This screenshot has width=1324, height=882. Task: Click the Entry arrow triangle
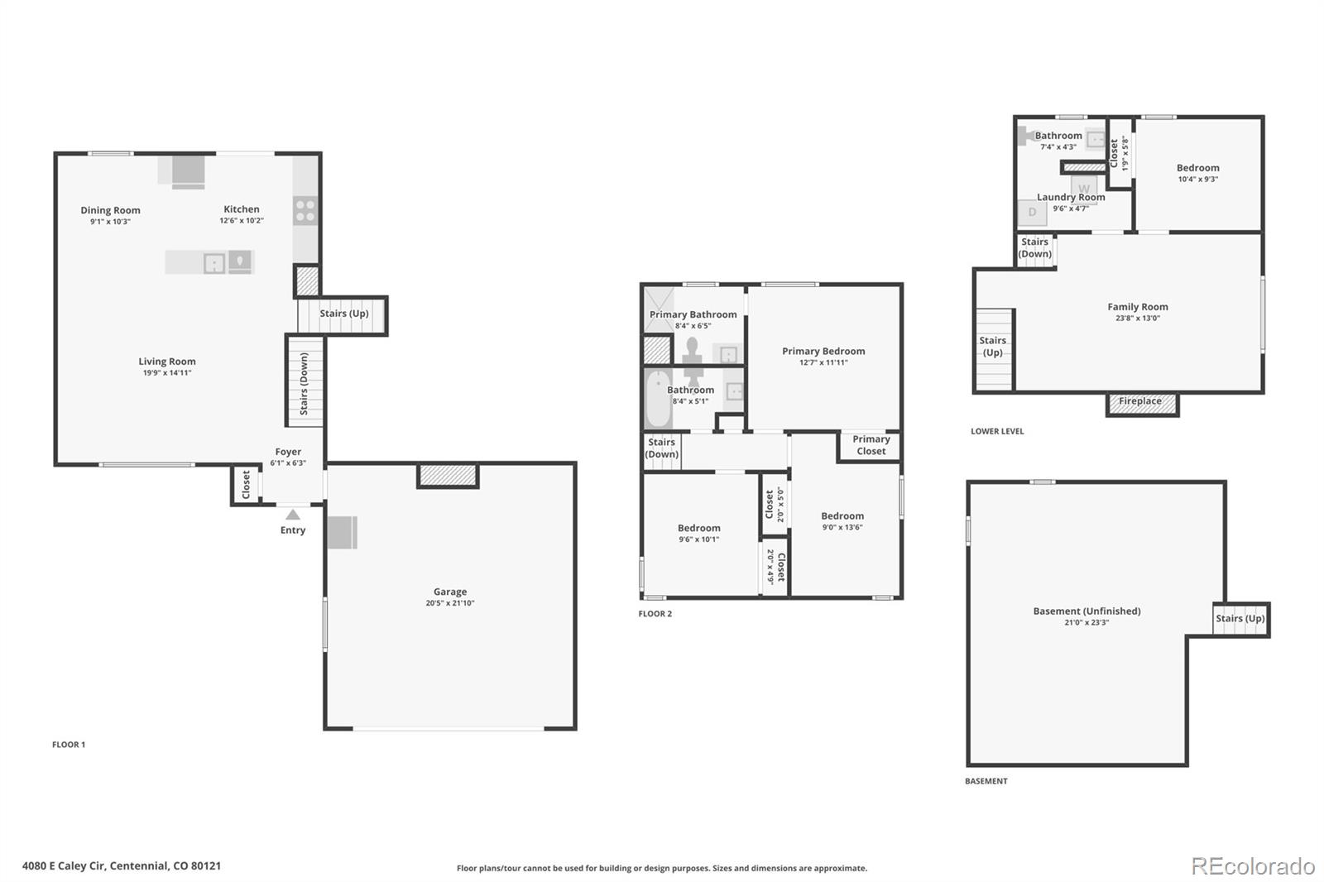[x=293, y=515]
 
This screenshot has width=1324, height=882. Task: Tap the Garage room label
[x=450, y=591]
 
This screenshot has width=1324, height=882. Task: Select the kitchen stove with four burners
[x=305, y=211]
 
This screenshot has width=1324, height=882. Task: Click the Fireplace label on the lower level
[x=1139, y=400]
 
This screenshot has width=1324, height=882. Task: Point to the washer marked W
[x=1083, y=189]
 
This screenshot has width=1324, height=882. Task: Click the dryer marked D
[x=1032, y=212]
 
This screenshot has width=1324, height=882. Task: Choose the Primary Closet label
[x=871, y=444]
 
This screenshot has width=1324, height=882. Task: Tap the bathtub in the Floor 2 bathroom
[x=658, y=398]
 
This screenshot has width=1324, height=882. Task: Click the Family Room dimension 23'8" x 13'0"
[x=1137, y=318]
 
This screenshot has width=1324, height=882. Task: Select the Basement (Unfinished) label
[x=1087, y=611]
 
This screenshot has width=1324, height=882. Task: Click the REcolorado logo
[x=1253, y=866]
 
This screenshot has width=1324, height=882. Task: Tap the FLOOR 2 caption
[x=655, y=614]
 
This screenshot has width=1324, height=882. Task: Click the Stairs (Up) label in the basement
[x=1240, y=618]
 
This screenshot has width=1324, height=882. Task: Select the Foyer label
[x=288, y=452]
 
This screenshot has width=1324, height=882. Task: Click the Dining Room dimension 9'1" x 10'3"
[x=110, y=222]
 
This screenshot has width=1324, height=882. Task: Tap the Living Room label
[x=166, y=362]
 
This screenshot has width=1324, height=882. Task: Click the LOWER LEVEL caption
[x=997, y=431]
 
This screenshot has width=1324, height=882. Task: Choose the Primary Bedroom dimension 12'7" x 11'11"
[x=823, y=362]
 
